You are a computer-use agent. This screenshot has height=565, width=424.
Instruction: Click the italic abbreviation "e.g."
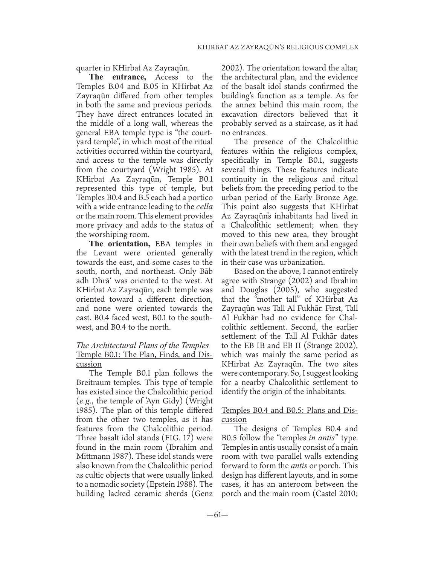84,401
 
